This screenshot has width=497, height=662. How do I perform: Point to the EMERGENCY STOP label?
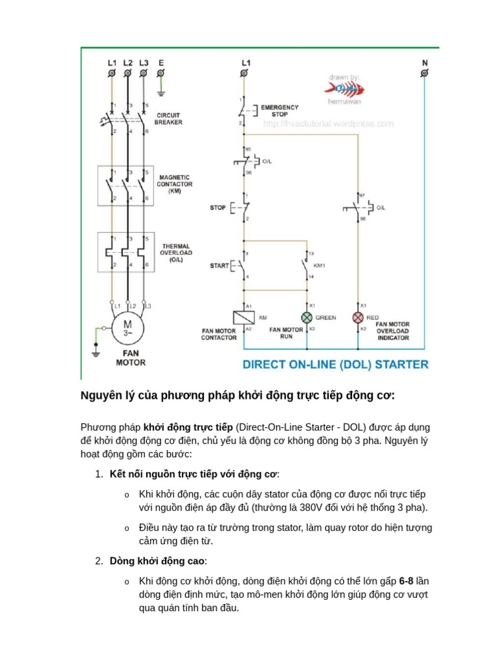280,111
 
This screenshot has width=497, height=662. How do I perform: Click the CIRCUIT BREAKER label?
168,119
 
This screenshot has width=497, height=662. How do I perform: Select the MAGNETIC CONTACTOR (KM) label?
174,184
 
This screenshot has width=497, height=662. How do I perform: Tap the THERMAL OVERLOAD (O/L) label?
175,253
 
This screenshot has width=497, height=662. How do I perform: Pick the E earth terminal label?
160,63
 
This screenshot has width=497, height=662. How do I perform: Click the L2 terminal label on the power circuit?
127,63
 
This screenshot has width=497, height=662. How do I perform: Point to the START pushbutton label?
219,266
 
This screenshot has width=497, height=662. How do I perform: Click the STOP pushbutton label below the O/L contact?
217,208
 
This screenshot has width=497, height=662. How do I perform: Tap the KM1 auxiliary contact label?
320,265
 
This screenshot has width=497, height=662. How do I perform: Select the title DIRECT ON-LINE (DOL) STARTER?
335,365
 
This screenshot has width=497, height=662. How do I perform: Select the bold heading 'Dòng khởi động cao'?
158,561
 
